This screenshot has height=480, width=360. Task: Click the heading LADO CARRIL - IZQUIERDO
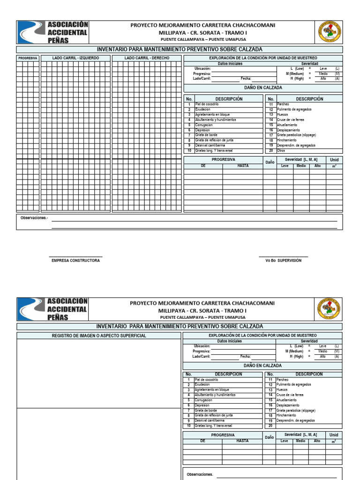click(75, 58)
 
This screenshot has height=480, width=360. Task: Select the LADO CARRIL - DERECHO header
click(147, 58)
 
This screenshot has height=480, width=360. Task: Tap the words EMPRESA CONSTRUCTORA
click(75, 260)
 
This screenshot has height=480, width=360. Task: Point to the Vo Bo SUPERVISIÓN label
click(283, 260)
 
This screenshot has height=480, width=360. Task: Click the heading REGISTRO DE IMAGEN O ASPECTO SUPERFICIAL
click(99, 336)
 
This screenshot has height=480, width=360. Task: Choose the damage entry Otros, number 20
click(281, 151)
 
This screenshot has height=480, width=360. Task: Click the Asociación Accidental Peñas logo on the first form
click(52, 32)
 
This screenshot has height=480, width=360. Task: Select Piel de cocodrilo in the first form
click(207, 105)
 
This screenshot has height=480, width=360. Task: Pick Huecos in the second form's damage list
click(282, 390)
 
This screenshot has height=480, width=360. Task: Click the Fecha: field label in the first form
click(246, 79)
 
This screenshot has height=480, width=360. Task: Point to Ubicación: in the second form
click(202, 345)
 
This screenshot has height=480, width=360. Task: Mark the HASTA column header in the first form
click(243, 166)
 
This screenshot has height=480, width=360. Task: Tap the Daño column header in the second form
click(269, 437)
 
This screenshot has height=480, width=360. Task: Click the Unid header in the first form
click(334, 160)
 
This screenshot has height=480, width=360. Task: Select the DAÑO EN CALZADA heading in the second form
click(262, 365)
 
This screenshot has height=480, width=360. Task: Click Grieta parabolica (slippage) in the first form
click(296, 135)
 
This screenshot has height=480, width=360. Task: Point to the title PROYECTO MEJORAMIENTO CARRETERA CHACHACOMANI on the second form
click(202, 303)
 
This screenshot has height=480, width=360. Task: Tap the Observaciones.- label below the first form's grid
click(34, 218)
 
